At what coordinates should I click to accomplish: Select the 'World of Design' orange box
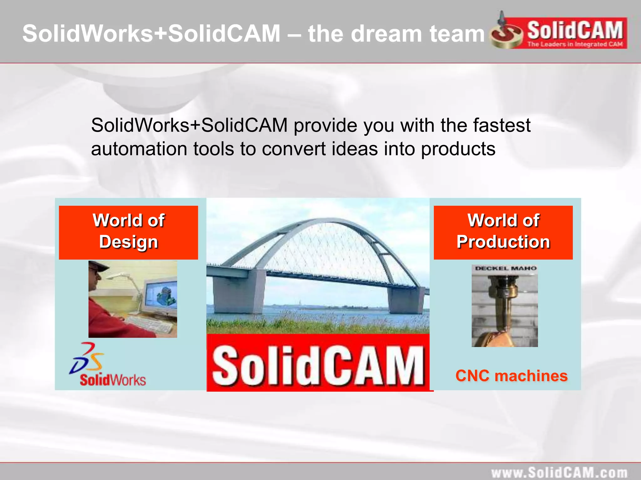128,232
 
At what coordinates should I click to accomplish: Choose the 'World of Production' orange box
503,232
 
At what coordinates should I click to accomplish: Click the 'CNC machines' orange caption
511,376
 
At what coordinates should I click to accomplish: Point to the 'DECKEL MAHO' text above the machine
505,268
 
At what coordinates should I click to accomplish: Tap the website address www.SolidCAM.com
559,472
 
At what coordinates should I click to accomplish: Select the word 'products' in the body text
458,149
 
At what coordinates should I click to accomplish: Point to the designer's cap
98,266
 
